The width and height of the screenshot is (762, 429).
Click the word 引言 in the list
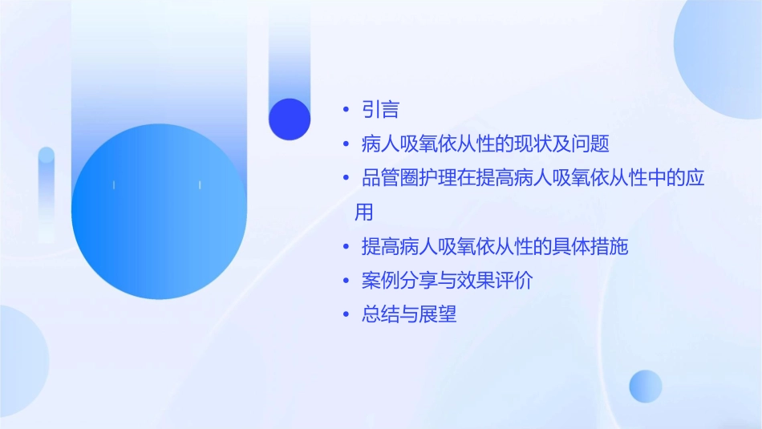[x=380, y=110]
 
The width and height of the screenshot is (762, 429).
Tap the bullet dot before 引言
[x=346, y=110]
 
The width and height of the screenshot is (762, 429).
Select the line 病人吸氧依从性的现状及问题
[x=485, y=144]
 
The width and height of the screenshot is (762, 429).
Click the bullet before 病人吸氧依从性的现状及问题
[x=346, y=144]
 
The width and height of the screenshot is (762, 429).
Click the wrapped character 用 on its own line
[x=364, y=212]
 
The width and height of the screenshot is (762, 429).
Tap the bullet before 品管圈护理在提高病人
[x=346, y=178]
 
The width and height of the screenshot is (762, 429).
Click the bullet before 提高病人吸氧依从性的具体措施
[x=346, y=247]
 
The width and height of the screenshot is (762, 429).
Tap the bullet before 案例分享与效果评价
[x=346, y=281]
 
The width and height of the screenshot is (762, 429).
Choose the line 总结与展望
[x=409, y=315]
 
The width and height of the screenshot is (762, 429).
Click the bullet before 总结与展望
[x=346, y=315]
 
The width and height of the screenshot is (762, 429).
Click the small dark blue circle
[x=290, y=119]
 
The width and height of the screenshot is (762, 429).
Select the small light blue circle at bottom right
[x=646, y=386]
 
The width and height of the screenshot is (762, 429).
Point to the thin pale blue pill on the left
[x=47, y=192]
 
